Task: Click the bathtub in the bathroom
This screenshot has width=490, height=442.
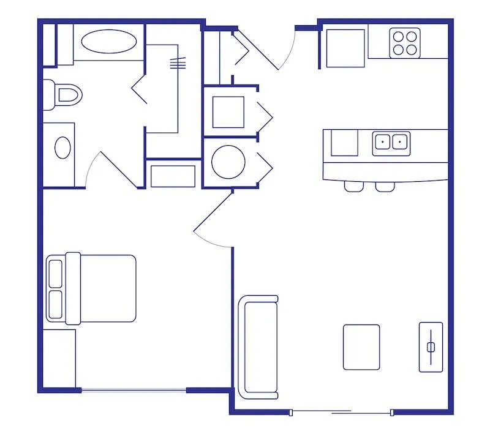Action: coord(109,42)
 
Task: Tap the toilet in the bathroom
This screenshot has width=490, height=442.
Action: coord(67,96)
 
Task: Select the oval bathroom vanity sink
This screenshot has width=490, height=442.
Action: coord(62,148)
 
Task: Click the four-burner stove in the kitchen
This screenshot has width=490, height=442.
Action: coord(405,43)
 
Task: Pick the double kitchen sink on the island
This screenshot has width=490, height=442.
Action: coord(391,142)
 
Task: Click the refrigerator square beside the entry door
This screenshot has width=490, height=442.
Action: coord(345,48)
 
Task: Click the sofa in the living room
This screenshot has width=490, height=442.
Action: coord(258,346)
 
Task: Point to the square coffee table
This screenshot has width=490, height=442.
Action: coord(361,346)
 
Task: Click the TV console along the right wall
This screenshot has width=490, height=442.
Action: coord(431,346)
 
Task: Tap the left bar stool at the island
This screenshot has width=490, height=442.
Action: coord(353,186)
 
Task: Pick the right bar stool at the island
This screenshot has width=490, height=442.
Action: coord(385,186)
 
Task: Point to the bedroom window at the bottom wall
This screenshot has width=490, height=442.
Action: coord(134,390)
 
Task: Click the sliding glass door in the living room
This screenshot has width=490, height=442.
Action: coord(341,411)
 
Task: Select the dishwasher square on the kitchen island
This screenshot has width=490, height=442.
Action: coord(344,143)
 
